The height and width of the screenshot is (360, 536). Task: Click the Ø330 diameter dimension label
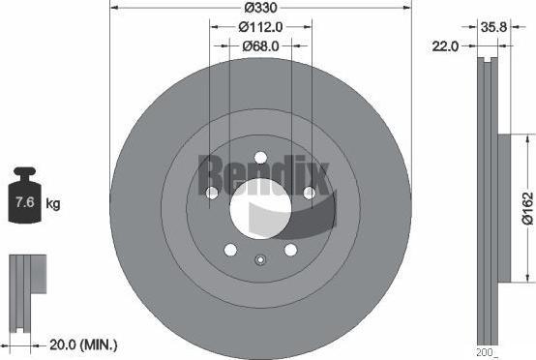click(x=260, y=8)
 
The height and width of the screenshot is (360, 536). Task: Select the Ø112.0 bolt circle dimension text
click(x=260, y=27)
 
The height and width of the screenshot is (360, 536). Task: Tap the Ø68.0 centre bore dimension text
click(x=260, y=45)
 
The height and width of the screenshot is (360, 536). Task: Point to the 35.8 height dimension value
click(x=493, y=27)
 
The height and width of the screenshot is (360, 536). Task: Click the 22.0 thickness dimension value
click(x=445, y=45)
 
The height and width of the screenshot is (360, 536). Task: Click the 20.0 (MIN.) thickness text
click(x=83, y=345)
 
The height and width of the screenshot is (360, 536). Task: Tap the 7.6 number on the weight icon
click(x=25, y=201)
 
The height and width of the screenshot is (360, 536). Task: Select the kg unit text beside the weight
click(x=52, y=203)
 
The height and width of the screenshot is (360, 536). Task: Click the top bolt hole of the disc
click(x=260, y=158)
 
